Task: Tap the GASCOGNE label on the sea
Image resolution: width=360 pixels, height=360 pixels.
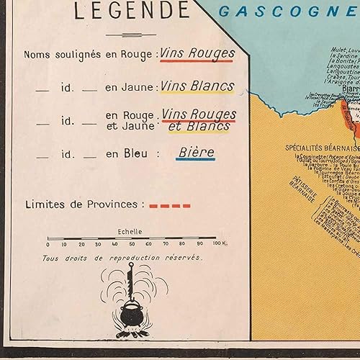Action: [x=281, y=11]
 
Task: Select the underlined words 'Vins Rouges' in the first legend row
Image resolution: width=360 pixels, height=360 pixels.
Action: [x=197, y=53]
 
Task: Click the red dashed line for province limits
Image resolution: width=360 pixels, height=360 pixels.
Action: [x=170, y=205]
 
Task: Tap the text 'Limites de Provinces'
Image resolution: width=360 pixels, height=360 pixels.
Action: [x=84, y=204]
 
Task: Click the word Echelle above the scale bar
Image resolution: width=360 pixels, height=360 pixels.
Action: [x=130, y=232]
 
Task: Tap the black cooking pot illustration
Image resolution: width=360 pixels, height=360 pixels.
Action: [x=130, y=316]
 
